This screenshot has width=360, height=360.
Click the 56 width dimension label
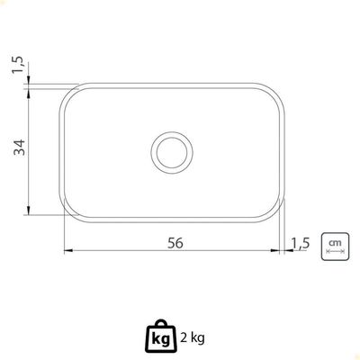pyautogui.click(x=175, y=243)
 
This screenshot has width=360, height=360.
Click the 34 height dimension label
pyautogui.click(x=20, y=147)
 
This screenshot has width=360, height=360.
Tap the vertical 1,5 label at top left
pyautogui.click(x=17, y=65)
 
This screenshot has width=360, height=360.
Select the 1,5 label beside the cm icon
pyautogui.click(x=301, y=243)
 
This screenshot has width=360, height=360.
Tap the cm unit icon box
pyautogui.click(x=335, y=247)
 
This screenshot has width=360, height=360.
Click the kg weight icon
pyautogui.click(x=162, y=337)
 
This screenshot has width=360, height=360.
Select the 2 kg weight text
pyautogui.click(x=193, y=338)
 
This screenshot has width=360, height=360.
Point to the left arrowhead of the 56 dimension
pyautogui.click(x=68, y=250)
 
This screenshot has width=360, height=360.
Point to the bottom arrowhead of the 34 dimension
pyautogui.click(x=28, y=210)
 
